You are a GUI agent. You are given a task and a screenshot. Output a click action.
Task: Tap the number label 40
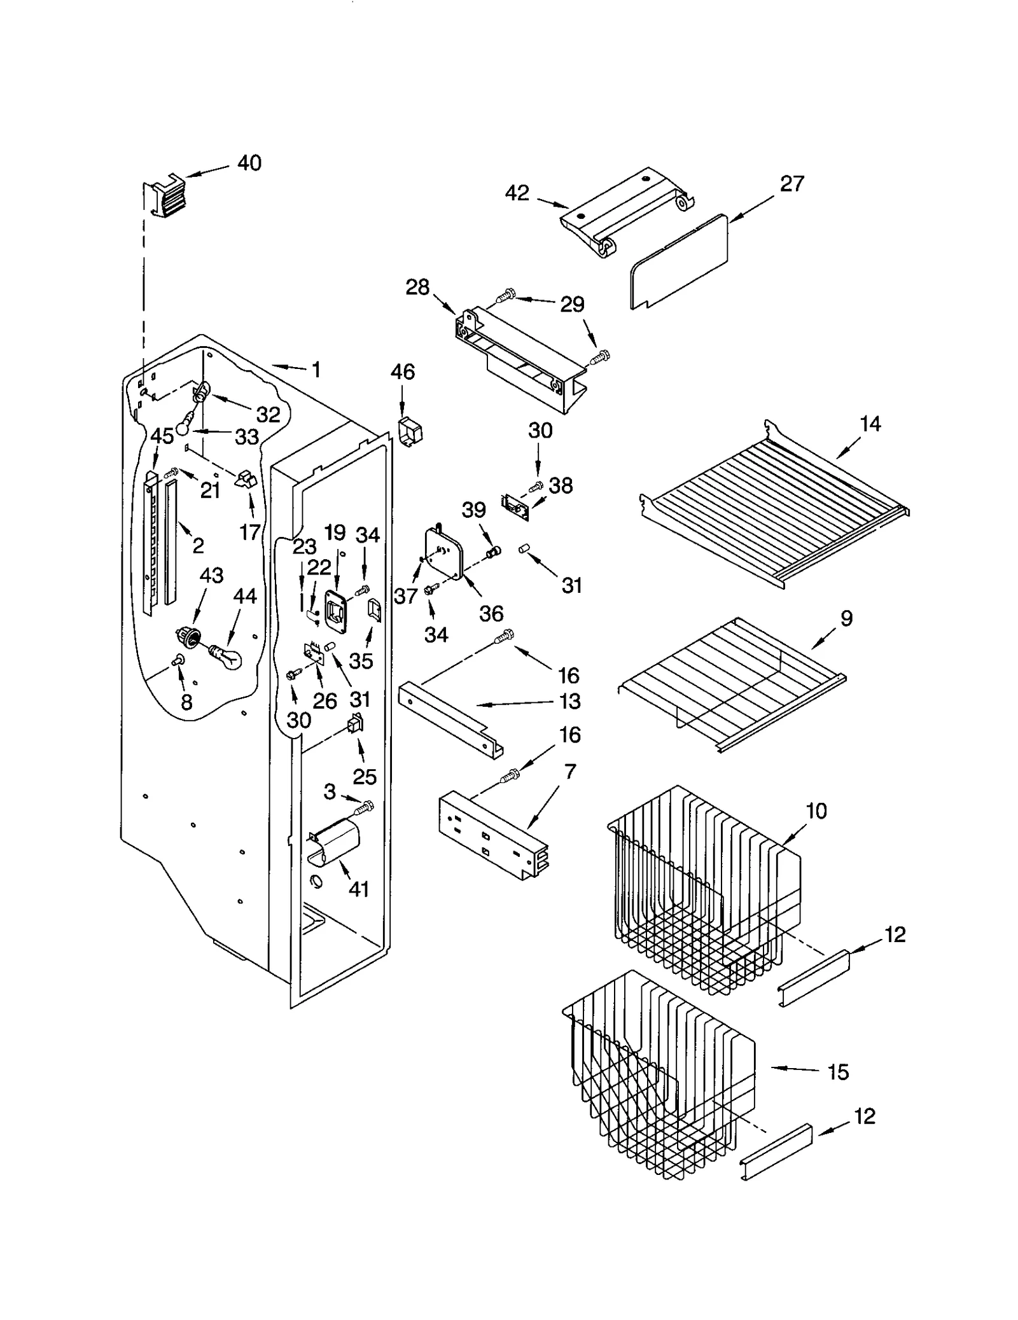249,163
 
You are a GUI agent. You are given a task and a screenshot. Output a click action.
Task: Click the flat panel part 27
678,262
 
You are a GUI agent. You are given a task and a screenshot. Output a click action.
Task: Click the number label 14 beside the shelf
870,424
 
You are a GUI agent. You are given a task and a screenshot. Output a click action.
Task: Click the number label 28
417,288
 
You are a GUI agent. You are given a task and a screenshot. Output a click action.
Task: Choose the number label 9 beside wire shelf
846,618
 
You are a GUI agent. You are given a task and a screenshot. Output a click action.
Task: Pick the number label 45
162,436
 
